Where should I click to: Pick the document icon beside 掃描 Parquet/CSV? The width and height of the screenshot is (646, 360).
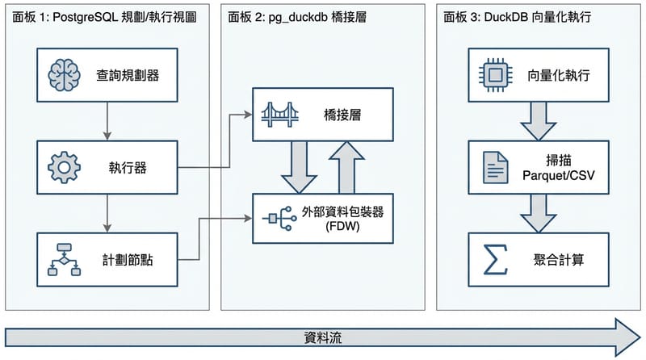[494, 168]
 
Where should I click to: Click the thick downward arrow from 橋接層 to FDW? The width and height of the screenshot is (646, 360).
[299, 166]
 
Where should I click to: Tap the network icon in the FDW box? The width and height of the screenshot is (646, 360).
[277, 218]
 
